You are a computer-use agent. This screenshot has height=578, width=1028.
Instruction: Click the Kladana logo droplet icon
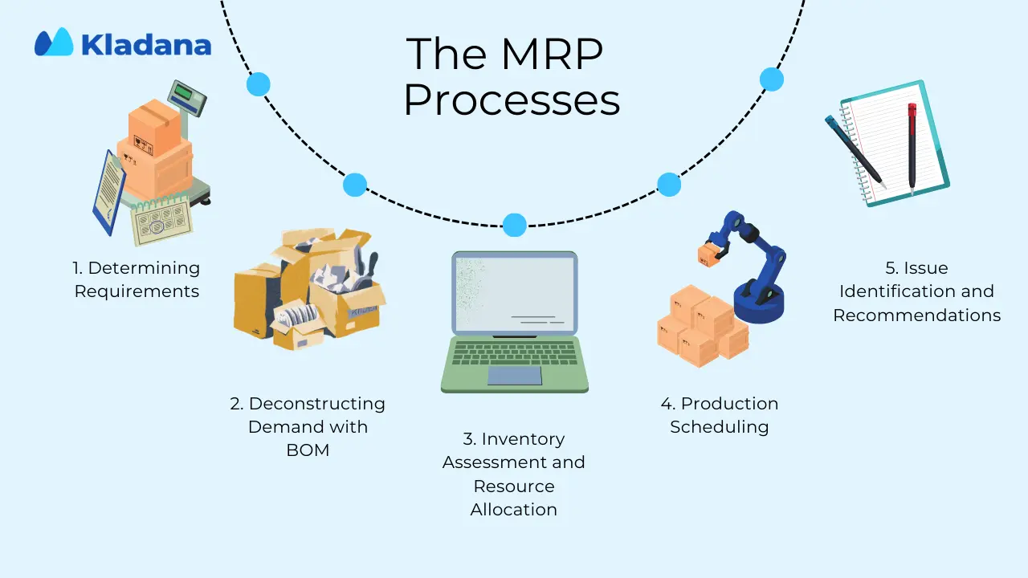coord(54,43)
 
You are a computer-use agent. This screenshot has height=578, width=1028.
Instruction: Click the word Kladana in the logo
coord(146,45)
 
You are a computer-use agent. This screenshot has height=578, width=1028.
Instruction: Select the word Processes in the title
coord(512,100)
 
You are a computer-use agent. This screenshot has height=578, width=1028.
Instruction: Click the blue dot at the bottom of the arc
coord(515,225)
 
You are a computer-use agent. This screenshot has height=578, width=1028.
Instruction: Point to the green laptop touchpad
coord(515,376)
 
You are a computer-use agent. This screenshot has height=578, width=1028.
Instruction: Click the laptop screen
coord(515,293)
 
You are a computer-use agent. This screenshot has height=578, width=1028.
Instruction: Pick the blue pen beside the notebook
coord(855,152)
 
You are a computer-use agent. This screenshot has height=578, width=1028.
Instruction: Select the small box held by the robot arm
coord(710,255)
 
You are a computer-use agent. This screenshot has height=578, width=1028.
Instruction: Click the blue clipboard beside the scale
coord(109,193)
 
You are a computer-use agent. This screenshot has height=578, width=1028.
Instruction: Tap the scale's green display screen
coord(184,92)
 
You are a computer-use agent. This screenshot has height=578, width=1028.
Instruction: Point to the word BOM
coord(308,450)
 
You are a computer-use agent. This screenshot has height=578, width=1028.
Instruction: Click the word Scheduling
coord(719,427)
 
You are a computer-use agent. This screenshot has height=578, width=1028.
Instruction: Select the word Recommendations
coord(917,315)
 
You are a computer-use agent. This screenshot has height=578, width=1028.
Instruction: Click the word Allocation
coord(513,510)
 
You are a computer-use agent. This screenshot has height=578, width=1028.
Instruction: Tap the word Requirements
coord(137,291)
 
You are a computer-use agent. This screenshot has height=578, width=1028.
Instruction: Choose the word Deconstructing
coord(316,404)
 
